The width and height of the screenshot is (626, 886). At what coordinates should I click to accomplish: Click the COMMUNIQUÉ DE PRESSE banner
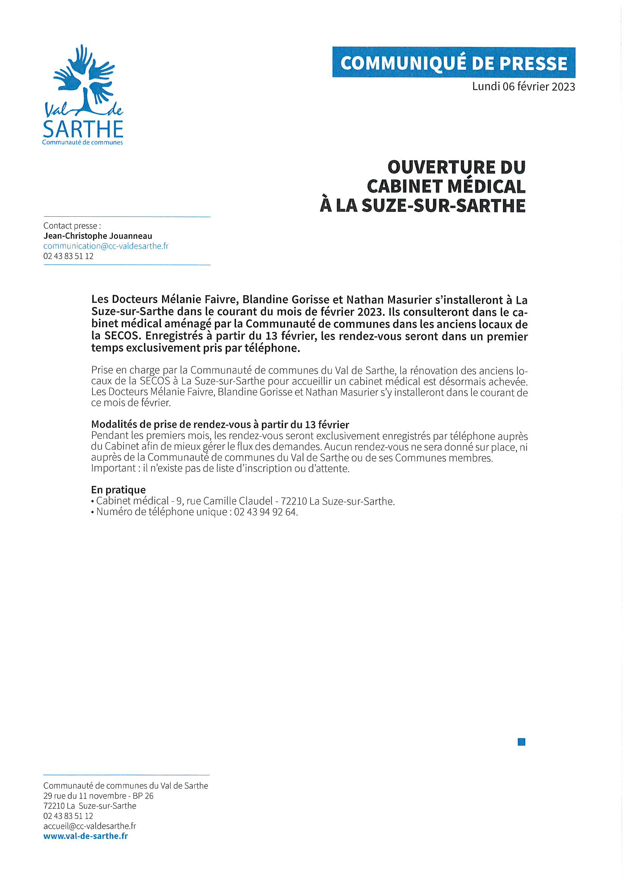coord(454,63)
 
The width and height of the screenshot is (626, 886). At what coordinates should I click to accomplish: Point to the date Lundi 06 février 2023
coord(523,86)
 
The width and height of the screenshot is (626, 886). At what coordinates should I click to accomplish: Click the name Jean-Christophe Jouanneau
coord(98,236)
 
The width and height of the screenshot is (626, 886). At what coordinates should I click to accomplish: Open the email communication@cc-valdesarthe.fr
coord(106,246)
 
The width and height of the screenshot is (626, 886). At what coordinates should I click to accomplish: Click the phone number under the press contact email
coord(68,256)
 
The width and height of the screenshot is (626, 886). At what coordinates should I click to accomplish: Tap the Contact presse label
coord(72,226)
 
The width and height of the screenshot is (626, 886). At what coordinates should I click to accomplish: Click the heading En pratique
coord(119,490)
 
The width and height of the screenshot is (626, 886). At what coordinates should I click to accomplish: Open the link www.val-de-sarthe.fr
coord(85,836)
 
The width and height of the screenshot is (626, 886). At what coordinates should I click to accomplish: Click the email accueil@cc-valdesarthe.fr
coord(89,826)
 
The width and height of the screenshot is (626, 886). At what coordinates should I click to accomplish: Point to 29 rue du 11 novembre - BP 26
coord(98,796)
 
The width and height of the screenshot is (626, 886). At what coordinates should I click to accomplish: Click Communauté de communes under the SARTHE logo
coord(82,142)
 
